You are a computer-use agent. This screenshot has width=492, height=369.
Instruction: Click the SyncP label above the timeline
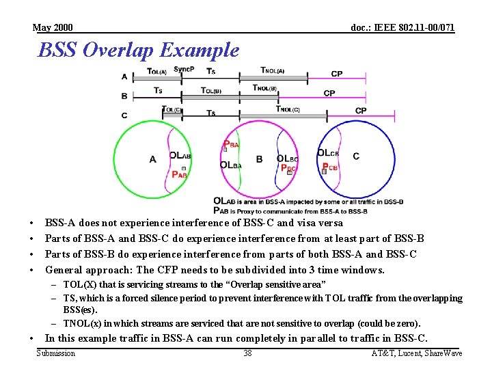tap(183, 69)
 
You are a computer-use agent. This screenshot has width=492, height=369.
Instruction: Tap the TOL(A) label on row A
tap(157, 71)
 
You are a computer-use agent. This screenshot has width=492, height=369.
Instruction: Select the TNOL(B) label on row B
tap(264, 88)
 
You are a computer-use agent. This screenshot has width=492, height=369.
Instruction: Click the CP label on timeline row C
tap(361, 111)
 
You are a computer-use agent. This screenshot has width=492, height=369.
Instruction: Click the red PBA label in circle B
tap(231, 144)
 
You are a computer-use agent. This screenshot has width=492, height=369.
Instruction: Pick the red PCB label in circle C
tap(330, 167)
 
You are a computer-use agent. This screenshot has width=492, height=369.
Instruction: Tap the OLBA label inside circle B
tap(231, 165)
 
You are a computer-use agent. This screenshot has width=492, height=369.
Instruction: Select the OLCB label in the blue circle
tap(329, 153)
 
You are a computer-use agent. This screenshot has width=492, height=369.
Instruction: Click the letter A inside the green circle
tap(152, 159)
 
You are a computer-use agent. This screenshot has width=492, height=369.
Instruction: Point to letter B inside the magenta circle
tap(259, 159)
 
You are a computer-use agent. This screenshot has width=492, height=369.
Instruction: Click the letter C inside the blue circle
tap(356, 156)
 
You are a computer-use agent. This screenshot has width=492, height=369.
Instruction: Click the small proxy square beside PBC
tap(289, 173)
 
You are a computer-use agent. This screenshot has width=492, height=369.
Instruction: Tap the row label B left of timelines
tap(124, 96)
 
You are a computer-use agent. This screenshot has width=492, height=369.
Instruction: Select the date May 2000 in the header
tap(53, 28)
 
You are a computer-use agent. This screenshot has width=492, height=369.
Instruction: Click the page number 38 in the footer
tap(247, 353)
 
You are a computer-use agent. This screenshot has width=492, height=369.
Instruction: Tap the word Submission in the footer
tap(55, 353)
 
